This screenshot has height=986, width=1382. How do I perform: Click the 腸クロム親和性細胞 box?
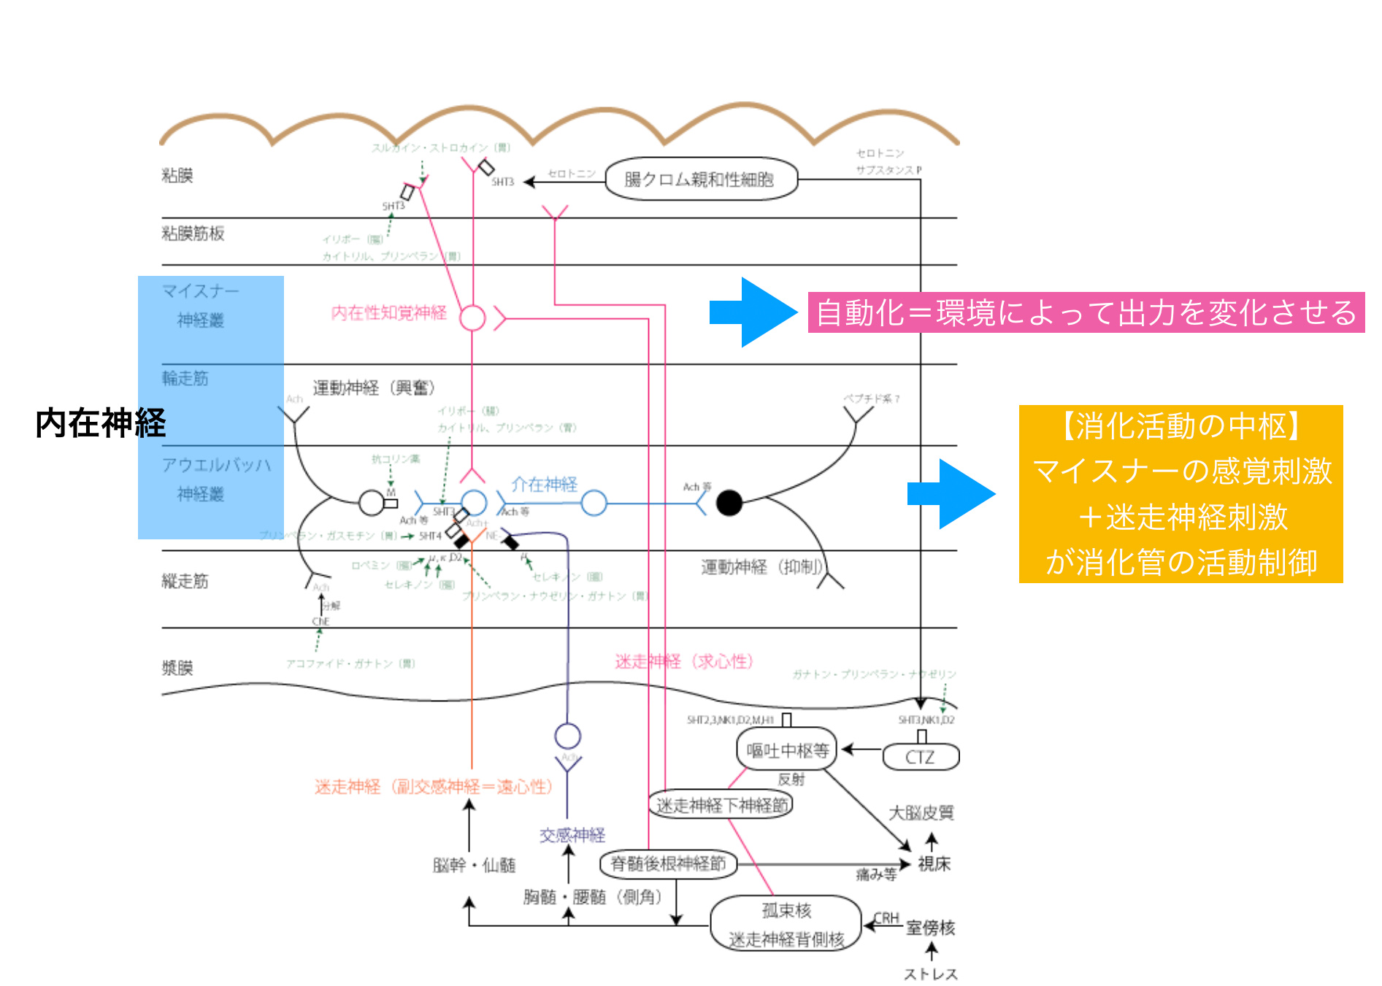701,179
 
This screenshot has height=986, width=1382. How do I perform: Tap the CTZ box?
920,757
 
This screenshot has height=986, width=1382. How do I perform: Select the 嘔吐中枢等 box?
787,750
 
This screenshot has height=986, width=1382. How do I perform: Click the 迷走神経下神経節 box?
721,805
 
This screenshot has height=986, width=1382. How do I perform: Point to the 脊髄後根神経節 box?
668,864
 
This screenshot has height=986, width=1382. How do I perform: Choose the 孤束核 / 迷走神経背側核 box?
786,925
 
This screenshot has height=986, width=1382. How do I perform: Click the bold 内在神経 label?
101,423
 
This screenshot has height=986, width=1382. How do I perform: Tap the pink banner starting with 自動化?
1086,312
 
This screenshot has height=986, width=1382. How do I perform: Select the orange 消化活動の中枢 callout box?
1181,494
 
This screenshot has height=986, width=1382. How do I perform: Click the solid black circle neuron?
729,502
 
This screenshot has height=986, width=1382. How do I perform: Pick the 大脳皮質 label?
921,813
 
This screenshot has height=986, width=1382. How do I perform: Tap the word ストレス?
930,974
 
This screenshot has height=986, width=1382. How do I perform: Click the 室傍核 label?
930,928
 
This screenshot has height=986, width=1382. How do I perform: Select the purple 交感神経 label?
572,835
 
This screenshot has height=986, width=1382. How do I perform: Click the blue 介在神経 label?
544,484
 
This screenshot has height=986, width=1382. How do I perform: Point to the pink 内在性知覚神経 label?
388,313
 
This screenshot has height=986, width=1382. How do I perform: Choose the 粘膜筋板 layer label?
193,234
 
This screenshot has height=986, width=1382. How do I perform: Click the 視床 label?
934,864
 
